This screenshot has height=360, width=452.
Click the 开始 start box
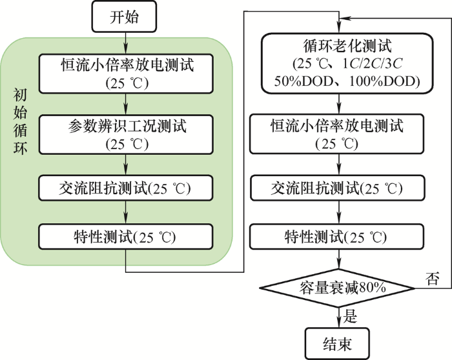pos(124,16)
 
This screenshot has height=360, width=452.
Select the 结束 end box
pos(337,344)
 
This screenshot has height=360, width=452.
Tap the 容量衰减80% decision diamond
pos(337,288)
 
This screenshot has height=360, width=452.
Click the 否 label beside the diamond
pos(433,279)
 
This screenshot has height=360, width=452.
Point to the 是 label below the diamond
pos(350,316)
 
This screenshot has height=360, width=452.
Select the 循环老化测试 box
pos(347,63)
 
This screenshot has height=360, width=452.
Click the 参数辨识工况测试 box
pos(126,134)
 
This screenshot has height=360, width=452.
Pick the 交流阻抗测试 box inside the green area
pos(126,188)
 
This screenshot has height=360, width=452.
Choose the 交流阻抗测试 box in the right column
pos(337,188)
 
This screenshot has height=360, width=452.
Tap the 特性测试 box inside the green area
pos(126,237)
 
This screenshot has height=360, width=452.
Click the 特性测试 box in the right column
pos(337,237)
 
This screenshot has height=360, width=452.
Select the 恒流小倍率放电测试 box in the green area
pos(126,74)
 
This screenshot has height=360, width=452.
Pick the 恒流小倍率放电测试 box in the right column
pos(336,134)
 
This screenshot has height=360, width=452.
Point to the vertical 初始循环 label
pos(20,121)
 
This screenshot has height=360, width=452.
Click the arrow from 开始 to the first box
pos(126,43)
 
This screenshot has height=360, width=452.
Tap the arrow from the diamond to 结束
pos(339,317)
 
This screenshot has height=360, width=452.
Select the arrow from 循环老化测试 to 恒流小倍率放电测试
pos(339,104)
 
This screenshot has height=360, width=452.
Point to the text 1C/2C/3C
pos(372,64)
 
